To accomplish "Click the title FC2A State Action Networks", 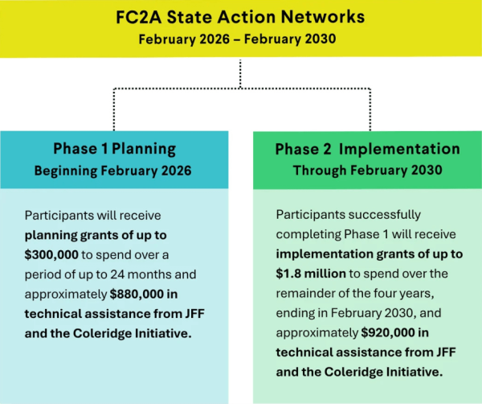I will [x=240, y=16].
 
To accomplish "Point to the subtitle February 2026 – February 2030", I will [x=240, y=38].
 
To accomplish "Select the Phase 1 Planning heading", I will [x=114, y=148].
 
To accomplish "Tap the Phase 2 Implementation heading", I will [x=367, y=149].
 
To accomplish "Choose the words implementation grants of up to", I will [x=369, y=254].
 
